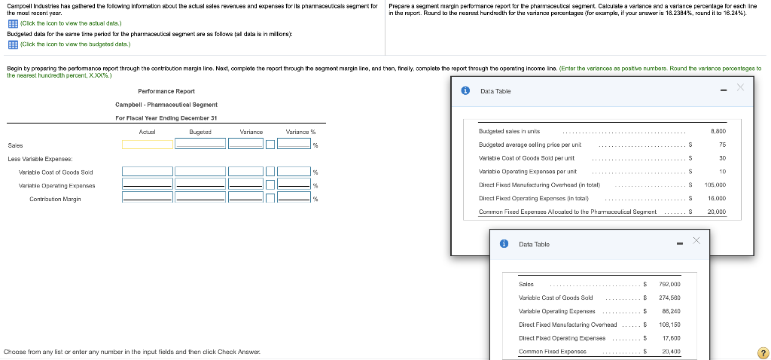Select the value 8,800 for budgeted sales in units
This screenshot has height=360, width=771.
coord(718,130)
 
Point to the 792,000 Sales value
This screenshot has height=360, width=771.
coord(669,284)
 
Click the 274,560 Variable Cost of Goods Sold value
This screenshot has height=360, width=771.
coord(669,297)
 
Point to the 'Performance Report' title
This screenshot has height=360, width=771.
coord(166,90)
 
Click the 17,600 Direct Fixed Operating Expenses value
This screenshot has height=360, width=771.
coord(670,338)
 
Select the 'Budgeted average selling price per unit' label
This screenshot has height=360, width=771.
coord(529,144)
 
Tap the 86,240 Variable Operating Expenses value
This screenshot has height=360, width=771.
coord(670,311)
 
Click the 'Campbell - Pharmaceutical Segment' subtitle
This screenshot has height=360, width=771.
coord(166,104)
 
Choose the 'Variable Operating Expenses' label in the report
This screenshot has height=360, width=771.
coord(56,185)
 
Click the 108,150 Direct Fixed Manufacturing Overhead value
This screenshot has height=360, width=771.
coord(669,325)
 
